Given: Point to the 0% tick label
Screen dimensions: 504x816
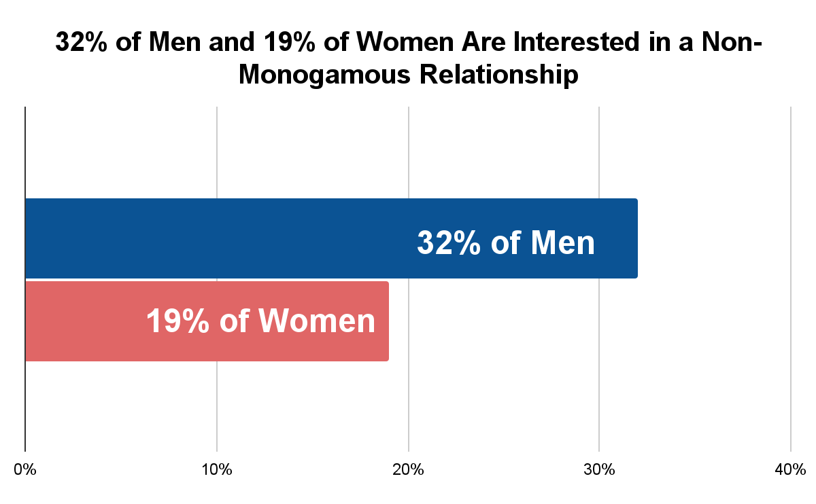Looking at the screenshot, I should [x=25, y=469].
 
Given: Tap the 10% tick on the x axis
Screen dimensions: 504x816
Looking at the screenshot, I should [x=216, y=469].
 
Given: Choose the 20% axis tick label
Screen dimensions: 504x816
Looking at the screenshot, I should [x=408, y=469].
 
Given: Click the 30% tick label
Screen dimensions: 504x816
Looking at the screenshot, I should [x=599, y=469].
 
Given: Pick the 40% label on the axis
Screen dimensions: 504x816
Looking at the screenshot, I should [x=791, y=469].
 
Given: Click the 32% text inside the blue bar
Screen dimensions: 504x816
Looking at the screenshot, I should [x=448, y=242].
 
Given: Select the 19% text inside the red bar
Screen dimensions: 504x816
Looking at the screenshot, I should [x=177, y=321].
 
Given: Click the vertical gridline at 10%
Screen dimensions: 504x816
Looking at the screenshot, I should [x=216, y=149].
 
